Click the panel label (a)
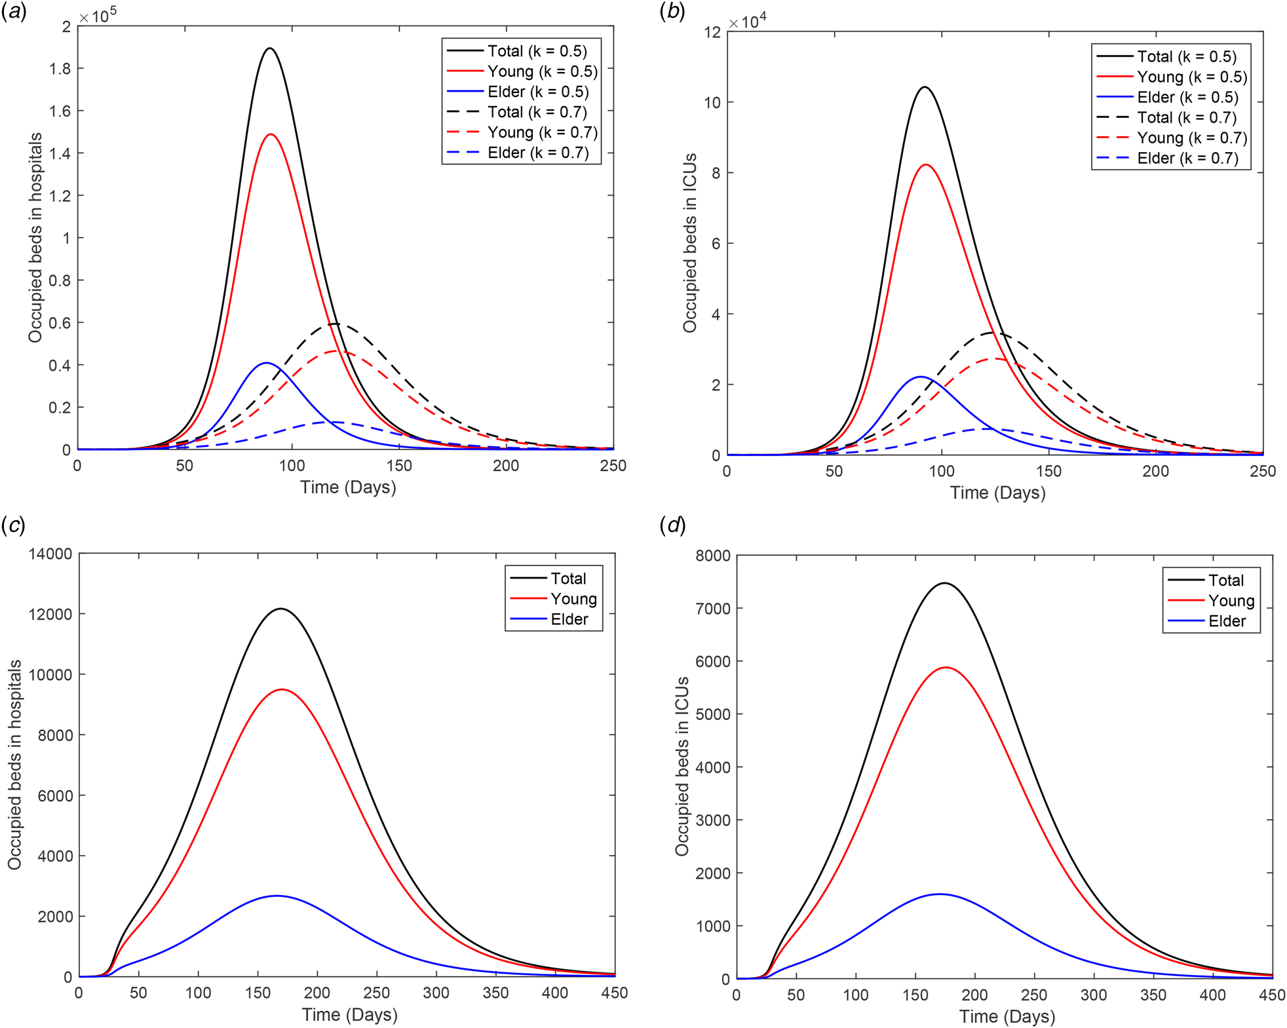[x=14, y=12]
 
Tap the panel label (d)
[x=672, y=525]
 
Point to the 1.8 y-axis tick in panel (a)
[x=60, y=69]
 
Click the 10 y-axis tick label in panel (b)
[x=712, y=103]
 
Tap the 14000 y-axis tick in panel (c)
[x=50, y=554]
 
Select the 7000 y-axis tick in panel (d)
[x=712, y=609]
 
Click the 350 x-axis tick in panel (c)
[x=495, y=993]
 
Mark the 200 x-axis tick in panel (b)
[x=1155, y=471]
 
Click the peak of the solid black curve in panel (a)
[x=269, y=48]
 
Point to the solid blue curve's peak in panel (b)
[x=921, y=377]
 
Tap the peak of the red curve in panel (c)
[x=282, y=689]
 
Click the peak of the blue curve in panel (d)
[x=940, y=894]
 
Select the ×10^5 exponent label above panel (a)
[x=98, y=16]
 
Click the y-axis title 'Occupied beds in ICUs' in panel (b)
[x=689, y=243]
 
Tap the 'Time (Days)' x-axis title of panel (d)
[x=1007, y=1017]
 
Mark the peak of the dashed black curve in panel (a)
[x=335, y=324]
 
